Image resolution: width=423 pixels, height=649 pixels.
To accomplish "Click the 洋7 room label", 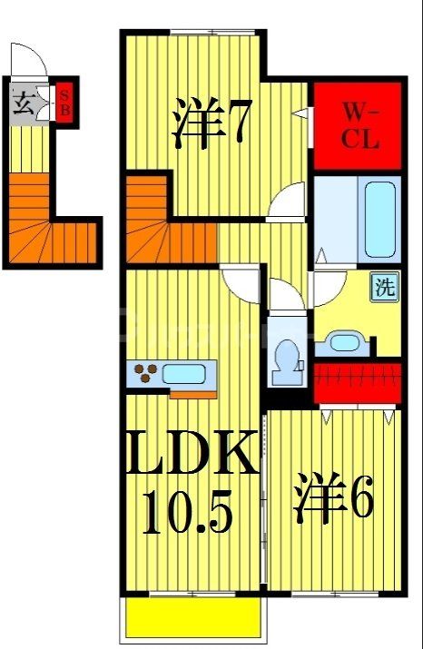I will [210, 125].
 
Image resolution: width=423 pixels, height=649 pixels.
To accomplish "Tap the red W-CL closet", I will [356, 127].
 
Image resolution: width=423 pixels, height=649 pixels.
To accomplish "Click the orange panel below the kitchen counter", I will [192, 393].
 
